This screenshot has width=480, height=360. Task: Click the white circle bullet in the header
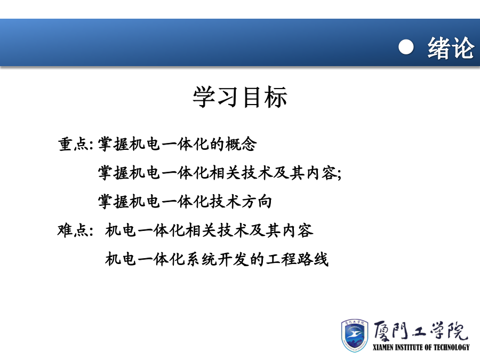(x=406, y=47)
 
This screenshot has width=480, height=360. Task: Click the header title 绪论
(x=451, y=48)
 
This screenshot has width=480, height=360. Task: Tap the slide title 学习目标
(x=240, y=97)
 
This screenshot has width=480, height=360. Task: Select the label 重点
(x=74, y=144)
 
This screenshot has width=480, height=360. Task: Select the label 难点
(x=73, y=230)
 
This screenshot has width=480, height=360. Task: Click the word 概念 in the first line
(x=241, y=144)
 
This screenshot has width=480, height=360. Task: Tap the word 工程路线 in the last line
(x=297, y=259)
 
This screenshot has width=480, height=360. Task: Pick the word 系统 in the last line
(x=202, y=259)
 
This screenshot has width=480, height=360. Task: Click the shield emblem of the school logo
(x=355, y=335)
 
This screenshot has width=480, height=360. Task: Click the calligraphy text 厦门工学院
(x=421, y=331)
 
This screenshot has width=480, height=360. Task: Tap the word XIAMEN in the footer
(x=382, y=347)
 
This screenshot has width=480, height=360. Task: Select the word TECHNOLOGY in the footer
(x=452, y=347)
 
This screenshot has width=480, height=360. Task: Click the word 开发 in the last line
(x=233, y=259)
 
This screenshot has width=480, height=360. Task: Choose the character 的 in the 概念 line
(x=218, y=144)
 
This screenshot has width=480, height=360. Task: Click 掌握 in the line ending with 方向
(x=113, y=202)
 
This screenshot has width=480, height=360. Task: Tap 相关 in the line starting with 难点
(x=201, y=230)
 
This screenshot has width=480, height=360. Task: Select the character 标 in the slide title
(x=276, y=97)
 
